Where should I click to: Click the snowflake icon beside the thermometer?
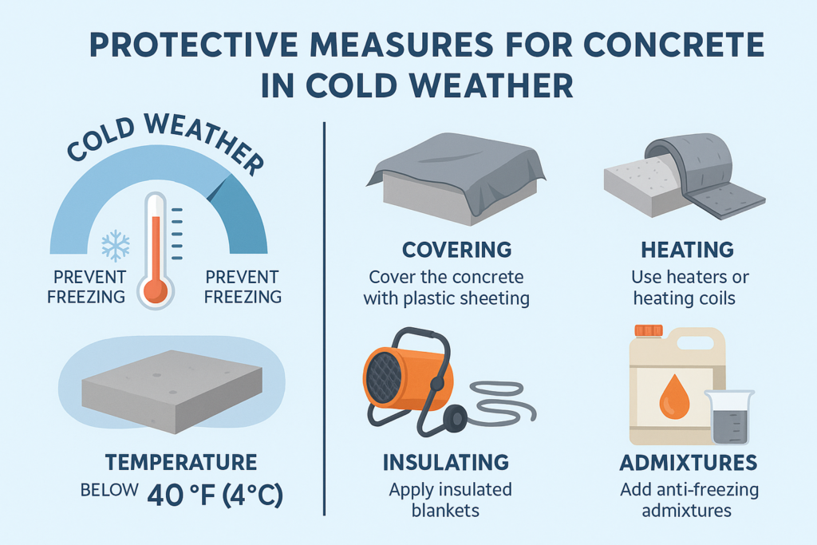tap(116, 247)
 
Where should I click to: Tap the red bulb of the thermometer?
tap(156, 289)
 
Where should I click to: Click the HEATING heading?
tap(687, 250)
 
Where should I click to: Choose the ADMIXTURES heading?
tap(687, 462)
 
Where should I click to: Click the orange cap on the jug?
tap(649, 330)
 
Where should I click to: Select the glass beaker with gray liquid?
tap(728, 417)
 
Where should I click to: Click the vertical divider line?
tap(324, 319)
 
